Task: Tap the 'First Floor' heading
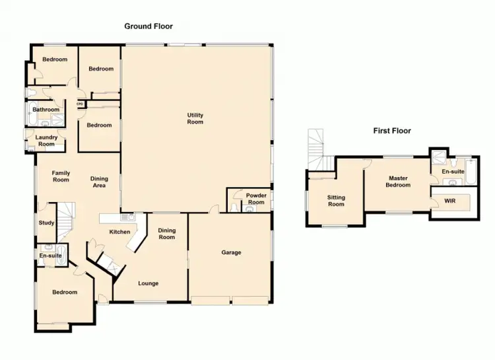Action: (x=392, y=131)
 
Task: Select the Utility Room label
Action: (x=195, y=118)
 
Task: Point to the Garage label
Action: (x=231, y=252)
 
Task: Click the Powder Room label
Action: (x=256, y=199)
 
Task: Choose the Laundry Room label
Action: (x=46, y=141)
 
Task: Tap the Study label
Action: (x=46, y=223)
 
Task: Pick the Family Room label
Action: (x=61, y=176)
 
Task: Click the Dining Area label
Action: (x=99, y=182)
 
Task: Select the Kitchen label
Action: (x=119, y=232)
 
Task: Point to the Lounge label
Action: (x=148, y=283)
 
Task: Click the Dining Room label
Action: (x=167, y=233)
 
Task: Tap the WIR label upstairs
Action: (x=450, y=200)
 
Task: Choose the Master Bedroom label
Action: (x=399, y=182)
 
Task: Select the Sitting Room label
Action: (x=337, y=201)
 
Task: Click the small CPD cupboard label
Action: (x=80, y=104)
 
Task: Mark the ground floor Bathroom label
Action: (x=46, y=110)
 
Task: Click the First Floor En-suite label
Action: (x=453, y=172)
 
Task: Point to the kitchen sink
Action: (x=131, y=217)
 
